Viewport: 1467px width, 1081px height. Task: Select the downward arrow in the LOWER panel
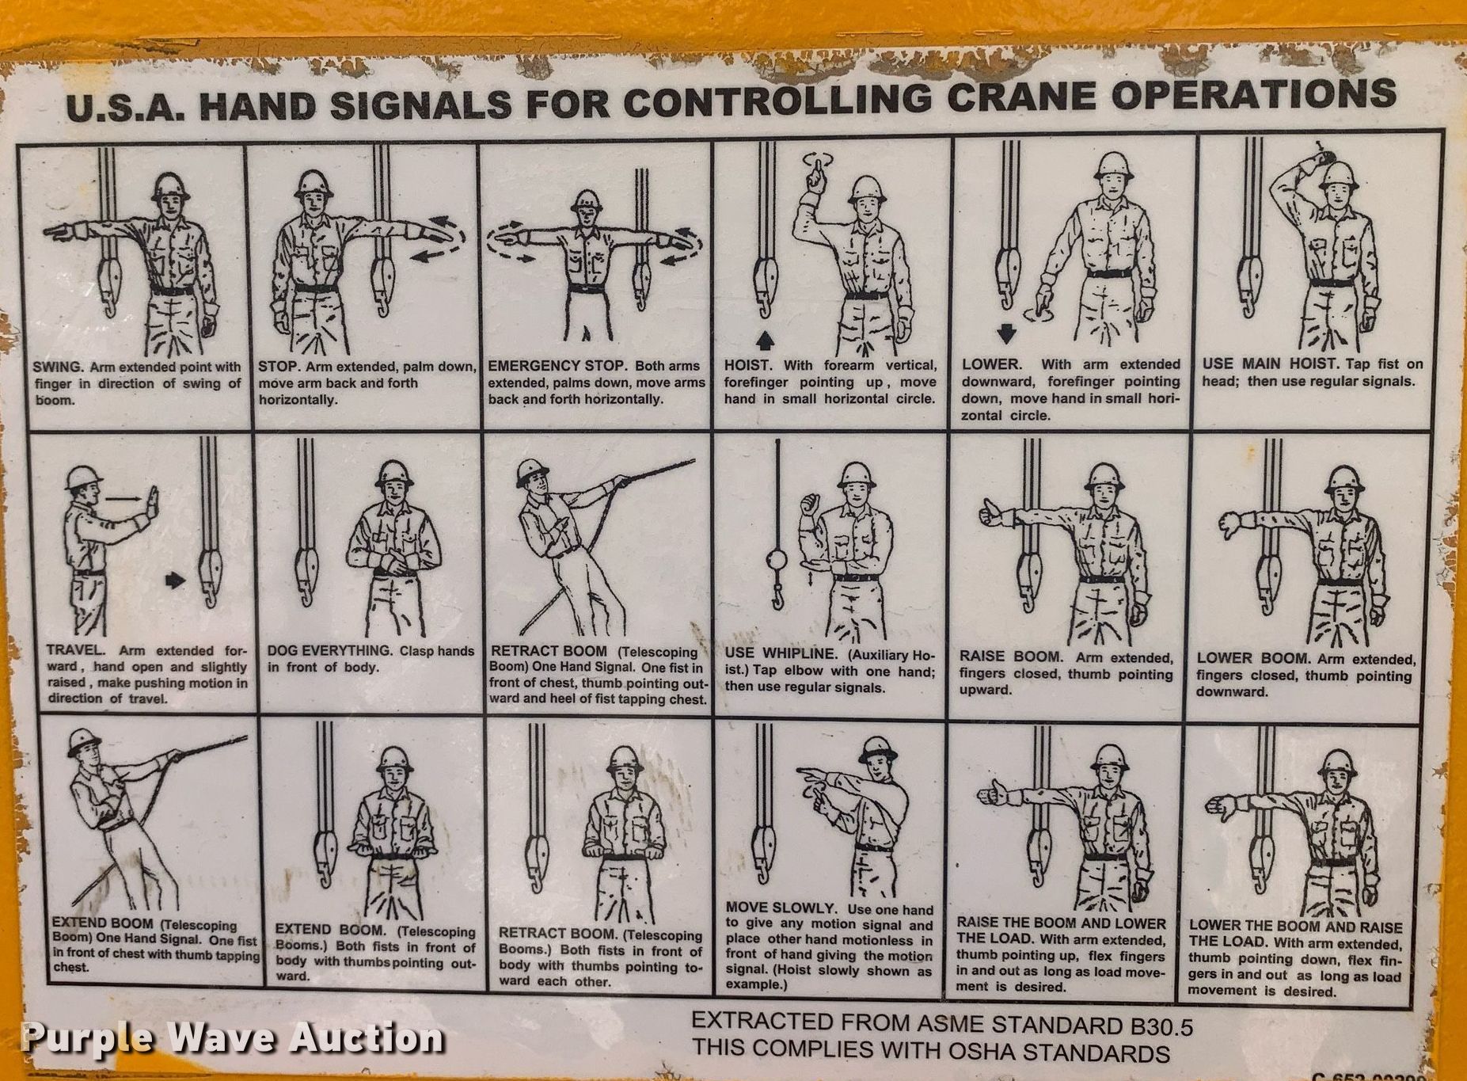coord(1006,334)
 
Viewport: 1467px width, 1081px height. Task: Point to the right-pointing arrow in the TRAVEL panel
coord(176,580)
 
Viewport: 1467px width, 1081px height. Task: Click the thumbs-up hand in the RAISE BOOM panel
coord(993,512)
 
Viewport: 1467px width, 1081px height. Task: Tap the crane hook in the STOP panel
coord(382,282)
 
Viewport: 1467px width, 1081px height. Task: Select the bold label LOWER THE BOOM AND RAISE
coord(1295,927)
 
